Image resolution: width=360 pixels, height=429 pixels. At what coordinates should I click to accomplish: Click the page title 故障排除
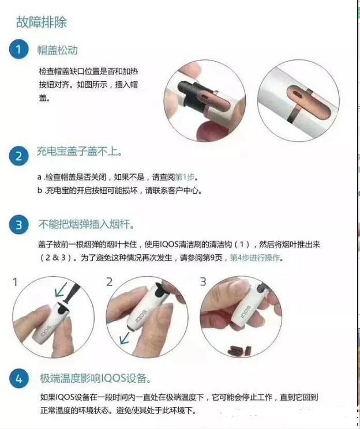(x=41, y=22)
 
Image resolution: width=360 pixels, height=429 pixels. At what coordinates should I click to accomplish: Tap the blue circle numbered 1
(x=18, y=50)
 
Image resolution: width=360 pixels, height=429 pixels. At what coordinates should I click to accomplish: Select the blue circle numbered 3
(x=18, y=225)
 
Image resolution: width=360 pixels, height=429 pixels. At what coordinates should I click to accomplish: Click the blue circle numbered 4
(x=18, y=379)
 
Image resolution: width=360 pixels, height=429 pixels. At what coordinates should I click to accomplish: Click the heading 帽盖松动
(x=58, y=50)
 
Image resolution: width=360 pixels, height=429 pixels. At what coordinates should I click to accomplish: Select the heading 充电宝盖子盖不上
(x=79, y=153)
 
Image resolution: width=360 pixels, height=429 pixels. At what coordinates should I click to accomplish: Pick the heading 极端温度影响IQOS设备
(x=96, y=378)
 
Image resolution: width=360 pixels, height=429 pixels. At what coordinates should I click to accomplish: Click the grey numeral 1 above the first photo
(x=16, y=282)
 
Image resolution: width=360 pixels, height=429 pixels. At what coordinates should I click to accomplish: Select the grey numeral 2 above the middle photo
(x=109, y=282)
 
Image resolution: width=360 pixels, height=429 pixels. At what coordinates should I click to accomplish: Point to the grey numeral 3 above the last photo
(x=202, y=282)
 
